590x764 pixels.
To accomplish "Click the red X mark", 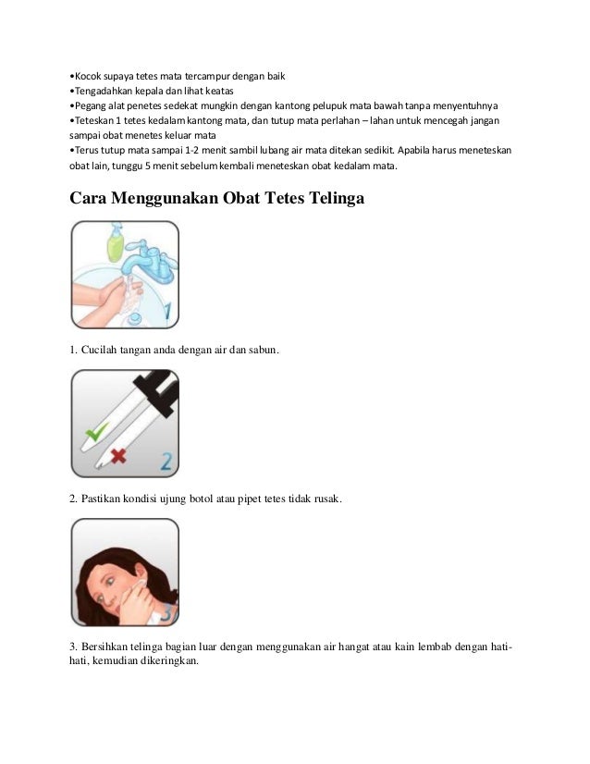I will (x=117, y=453).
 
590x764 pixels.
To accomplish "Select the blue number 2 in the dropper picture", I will (x=166, y=460).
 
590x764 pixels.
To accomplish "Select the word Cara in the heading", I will (x=92, y=197).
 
